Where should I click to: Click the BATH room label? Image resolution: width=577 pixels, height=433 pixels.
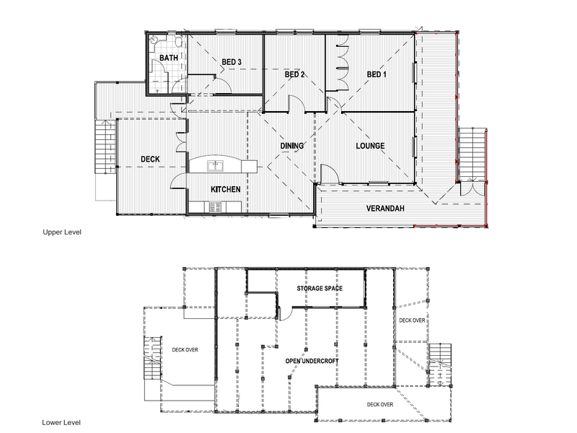tap(169, 58)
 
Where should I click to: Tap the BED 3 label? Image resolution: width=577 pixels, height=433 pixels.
tap(232, 62)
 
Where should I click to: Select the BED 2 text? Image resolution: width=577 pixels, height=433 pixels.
tap(294, 74)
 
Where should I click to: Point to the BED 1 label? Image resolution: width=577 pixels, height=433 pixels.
tap(376, 74)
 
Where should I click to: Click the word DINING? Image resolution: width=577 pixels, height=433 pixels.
tap(292, 146)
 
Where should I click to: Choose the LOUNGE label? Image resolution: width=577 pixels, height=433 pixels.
tap(370, 146)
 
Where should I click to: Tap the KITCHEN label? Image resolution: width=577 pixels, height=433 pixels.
tap(226, 189)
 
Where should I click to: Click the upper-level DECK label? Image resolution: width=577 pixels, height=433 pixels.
tap(150, 159)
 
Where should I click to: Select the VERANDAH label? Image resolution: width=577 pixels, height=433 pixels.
tap(385, 209)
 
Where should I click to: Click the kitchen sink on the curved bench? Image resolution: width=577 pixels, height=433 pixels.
tap(215, 166)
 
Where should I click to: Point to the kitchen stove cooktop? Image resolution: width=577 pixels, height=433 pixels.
tap(215, 207)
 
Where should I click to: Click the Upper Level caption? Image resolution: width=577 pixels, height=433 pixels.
tap(62, 232)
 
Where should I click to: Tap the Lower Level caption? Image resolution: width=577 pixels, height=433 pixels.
tap(61, 422)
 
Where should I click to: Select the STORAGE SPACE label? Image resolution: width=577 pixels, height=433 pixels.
tap(320, 288)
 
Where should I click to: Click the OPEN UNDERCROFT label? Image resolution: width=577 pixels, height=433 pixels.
tap(312, 362)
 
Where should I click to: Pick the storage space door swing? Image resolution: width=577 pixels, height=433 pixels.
tap(286, 314)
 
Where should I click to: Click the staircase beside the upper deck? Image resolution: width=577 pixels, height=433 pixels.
tap(105, 146)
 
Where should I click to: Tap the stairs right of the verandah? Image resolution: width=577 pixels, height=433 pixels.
tap(472, 154)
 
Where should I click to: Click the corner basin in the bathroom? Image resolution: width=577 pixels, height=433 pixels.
tap(154, 40)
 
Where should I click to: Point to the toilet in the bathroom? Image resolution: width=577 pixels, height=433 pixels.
tap(179, 41)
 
